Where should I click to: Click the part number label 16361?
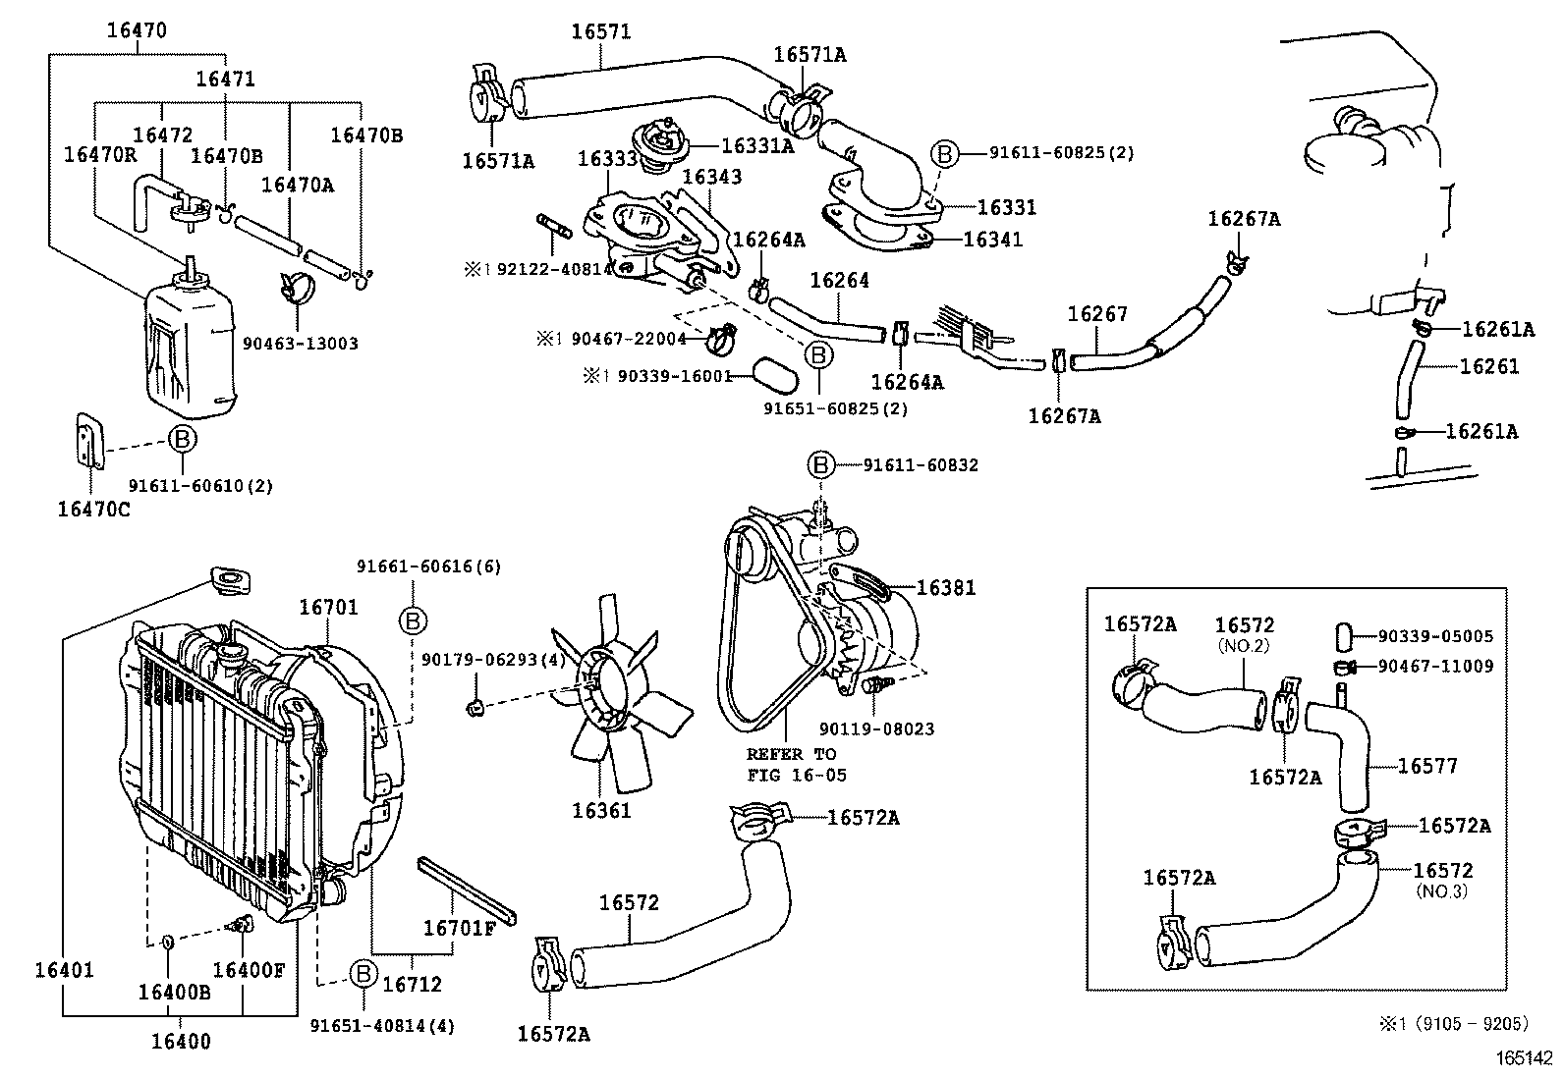pyautogui.click(x=601, y=811)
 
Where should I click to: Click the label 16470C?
pyautogui.click(x=93, y=509)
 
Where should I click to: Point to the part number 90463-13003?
pyautogui.click(x=300, y=344)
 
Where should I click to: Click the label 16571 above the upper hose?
pyautogui.click(x=601, y=31)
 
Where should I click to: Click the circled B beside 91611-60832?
pyautogui.click(x=820, y=465)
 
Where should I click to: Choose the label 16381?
pyautogui.click(x=946, y=588)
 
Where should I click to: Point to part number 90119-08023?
pyautogui.click(x=876, y=729)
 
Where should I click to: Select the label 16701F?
pyautogui.click(x=460, y=928)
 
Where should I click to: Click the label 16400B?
pyautogui.click(x=174, y=992)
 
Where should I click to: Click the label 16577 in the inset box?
pyautogui.click(x=1427, y=766)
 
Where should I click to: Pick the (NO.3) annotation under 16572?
pyautogui.click(x=1441, y=891)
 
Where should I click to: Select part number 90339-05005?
pyautogui.click(x=1435, y=636)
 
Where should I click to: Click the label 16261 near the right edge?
pyautogui.click(x=1489, y=366)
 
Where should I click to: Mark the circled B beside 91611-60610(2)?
pyautogui.click(x=182, y=440)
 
